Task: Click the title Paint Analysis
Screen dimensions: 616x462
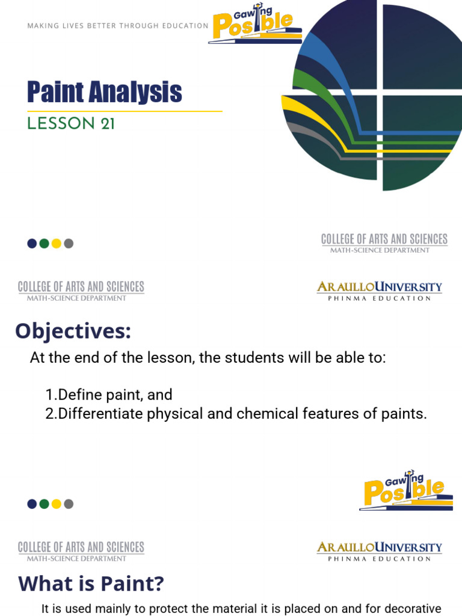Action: (104, 92)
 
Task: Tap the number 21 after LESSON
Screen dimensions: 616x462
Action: (108, 124)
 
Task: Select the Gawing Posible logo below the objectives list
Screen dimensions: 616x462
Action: (406, 490)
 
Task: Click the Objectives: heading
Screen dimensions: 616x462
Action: (73, 331)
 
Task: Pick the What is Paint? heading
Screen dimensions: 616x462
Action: (91, 584)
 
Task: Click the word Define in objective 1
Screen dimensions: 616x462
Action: (76, 395)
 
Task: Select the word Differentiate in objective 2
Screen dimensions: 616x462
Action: (100, 414)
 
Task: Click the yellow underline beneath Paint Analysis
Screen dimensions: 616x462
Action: (125, 111)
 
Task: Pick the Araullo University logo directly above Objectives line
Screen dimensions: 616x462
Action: (380, 291)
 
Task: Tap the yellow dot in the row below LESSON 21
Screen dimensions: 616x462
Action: (57, 244)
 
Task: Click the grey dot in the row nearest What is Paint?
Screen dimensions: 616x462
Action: (69, 504)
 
